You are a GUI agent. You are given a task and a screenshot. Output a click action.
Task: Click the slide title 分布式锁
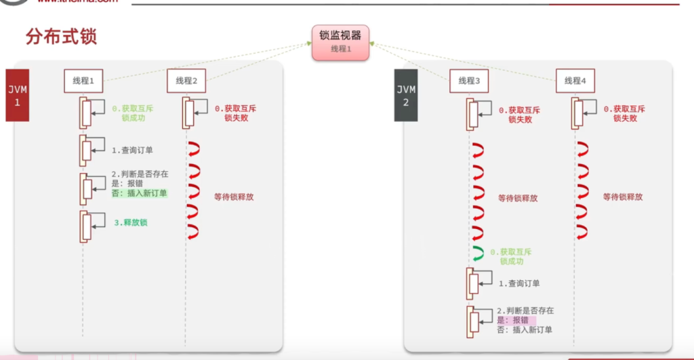(x=61, y=37)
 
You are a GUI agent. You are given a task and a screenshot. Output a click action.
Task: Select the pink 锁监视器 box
(x=340, y=43)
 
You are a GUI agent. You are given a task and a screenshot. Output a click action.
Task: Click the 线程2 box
(x=186, y=81)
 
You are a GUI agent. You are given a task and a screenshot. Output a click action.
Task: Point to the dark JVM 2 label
(x=405, y=96)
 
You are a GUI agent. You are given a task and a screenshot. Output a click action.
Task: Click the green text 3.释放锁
(x=131, y=222)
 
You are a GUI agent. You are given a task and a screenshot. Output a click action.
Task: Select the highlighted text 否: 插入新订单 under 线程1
(x=139, y=193)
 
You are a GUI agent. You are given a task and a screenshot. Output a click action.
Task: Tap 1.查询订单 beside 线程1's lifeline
(x=132, y=150)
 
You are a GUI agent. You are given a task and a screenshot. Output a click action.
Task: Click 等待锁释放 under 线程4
(x=622, y=197)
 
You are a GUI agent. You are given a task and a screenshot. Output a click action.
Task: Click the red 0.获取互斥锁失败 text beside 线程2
(x=235, y=113)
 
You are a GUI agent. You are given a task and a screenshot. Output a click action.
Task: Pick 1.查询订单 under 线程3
(x=519, y=283)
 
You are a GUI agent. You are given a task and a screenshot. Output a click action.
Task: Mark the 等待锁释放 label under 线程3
(x=518, y=199)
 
